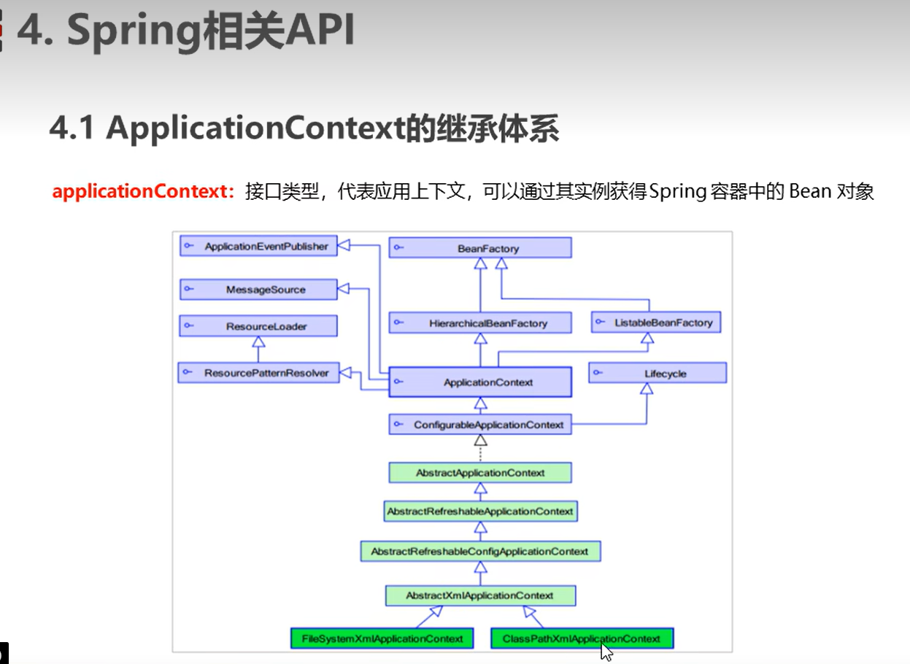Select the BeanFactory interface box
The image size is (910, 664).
tap(479, 248)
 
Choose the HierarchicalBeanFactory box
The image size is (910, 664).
tap(479, 323)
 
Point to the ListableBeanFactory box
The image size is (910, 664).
tap(655, 322)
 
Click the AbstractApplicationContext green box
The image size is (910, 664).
tap(479, 473)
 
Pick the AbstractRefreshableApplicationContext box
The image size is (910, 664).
tap(479, 511)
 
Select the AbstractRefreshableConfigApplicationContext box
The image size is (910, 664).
tap(479, 551)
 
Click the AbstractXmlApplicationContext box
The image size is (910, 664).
tap(479, 595)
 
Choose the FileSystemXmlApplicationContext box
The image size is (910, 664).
tap(382, 638)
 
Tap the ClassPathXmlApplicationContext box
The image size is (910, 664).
tap(581, 638)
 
